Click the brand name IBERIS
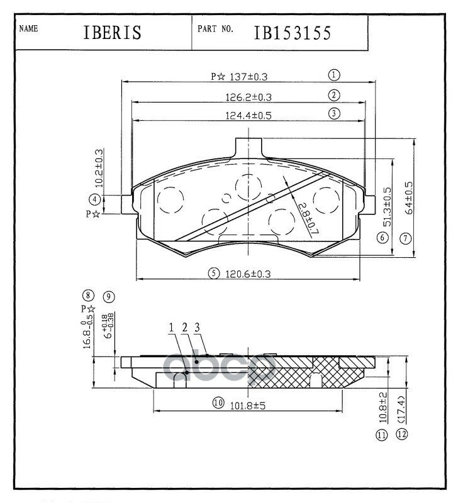(x=111, y=33)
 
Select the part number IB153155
(x=292, y=33)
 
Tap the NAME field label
(x=30, y=28)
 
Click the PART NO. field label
(x=216, y=29)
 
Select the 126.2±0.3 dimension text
(x=248, y=97)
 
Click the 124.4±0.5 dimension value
(x=248, y=116)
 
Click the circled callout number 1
(x=334, y=74)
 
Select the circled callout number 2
(x=334, y=96)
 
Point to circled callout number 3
(x=334, y=114)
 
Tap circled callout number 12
(x=402, y=434)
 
